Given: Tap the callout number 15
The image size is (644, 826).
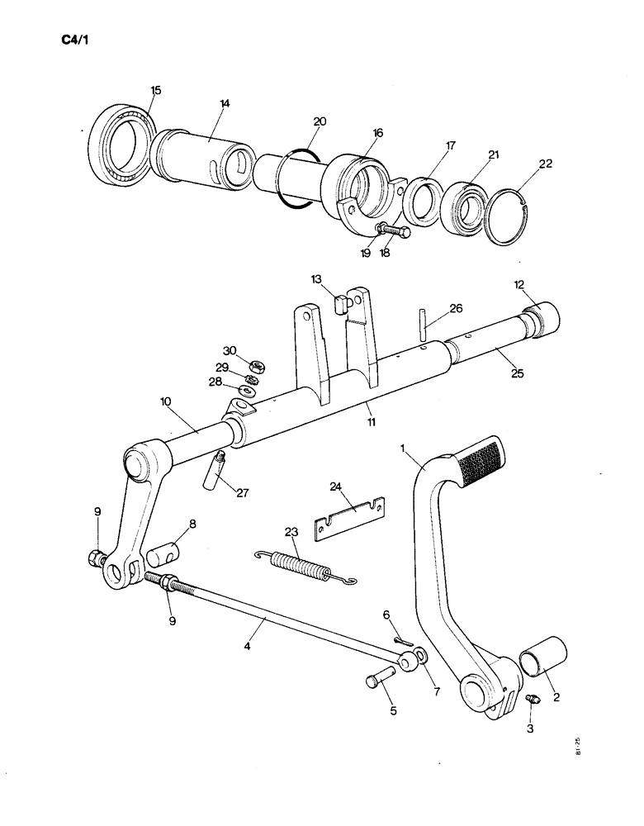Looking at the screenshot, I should (156, 89).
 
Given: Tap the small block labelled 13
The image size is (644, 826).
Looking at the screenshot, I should (340, 305).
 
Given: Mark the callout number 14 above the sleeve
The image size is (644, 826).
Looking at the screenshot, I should (224, 103).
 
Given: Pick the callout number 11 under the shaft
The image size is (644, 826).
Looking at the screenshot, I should (372, 421).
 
